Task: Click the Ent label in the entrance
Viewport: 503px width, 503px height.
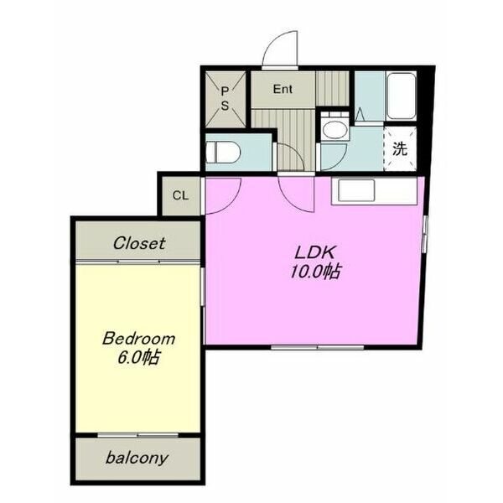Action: tap(283, 89)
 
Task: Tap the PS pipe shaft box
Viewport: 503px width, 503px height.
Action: tap(226, 99)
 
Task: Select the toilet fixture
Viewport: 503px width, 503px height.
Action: tap(223, 153)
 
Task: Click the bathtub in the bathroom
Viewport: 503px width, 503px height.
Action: tap(401, 96)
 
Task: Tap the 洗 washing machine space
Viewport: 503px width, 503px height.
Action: tap(400, 148)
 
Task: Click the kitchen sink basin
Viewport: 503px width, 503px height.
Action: tap(356, 190)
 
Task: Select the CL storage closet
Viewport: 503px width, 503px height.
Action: tap(181, 195)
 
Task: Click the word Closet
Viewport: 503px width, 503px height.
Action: tap(139, 243)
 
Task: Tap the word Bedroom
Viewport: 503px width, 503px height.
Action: tap(138, 339)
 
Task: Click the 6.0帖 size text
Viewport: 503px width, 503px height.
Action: tap(138, 358)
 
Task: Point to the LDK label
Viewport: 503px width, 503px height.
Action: tap(315, 253)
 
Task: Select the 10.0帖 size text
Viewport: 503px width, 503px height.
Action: tap(315, 272)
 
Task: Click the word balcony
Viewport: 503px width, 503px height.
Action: tap(137, 458)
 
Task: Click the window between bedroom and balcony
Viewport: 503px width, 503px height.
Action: tap(138, 435)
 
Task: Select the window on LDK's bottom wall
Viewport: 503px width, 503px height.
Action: tap(318, 347)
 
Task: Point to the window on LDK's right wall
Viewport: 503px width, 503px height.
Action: tap(425, 234)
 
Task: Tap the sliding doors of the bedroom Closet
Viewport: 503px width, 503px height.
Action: tap(138, 262)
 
